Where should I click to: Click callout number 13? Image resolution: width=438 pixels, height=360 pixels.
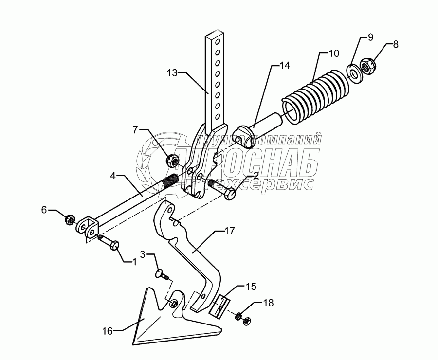[x=172, y=72]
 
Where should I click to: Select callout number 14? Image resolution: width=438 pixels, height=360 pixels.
[x=284, y=64]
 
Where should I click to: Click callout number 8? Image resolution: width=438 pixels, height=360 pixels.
[x=395, y=44]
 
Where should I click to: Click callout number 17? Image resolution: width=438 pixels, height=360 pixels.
[x=230, y=231]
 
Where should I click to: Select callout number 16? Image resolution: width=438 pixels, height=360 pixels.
[x=108, y=331]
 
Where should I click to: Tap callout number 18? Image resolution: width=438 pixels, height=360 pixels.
[x=268, y=303]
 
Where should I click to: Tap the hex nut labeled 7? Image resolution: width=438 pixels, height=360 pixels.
[x=172, y=159]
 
